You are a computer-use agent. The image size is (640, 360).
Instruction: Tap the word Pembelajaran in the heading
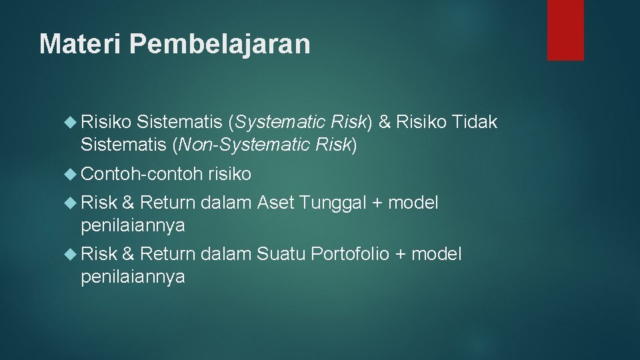[219, 44]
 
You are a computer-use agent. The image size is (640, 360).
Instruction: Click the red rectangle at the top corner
[565, 30]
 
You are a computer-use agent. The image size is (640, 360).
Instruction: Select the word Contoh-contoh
[141, 175]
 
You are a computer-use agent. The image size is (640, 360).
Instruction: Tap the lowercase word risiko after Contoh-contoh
[230, 175]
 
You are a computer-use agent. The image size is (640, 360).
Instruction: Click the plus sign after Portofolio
[401, 254]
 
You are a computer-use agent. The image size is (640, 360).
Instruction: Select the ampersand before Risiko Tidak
[384, 122]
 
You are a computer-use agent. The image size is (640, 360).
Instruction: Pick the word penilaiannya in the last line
[133, 277]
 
